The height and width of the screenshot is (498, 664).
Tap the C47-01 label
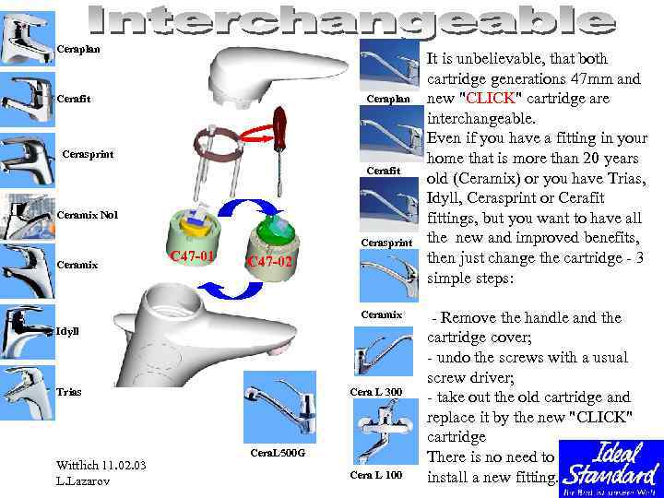192,255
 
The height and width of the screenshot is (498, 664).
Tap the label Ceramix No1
88,215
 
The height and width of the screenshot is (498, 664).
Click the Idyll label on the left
68,330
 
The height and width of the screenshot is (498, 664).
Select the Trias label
68,392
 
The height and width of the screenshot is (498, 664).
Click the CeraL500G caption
278,453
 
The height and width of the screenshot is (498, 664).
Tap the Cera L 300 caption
377,392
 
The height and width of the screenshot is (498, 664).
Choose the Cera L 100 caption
377,475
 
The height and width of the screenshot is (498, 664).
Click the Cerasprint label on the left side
87,154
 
